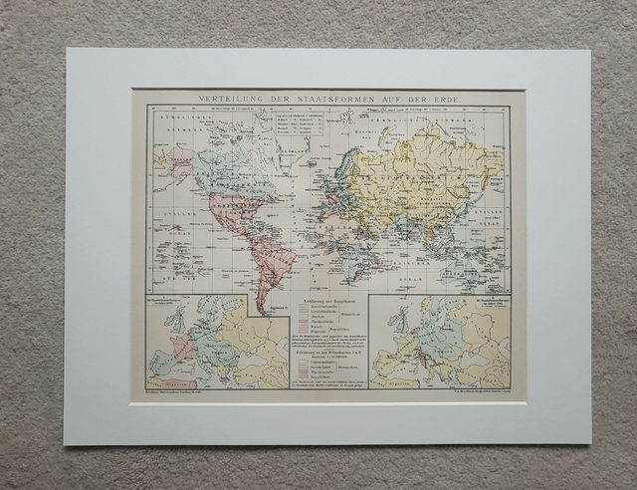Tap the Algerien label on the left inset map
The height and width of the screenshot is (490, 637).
pyautogui.click(x=164, y=380)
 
